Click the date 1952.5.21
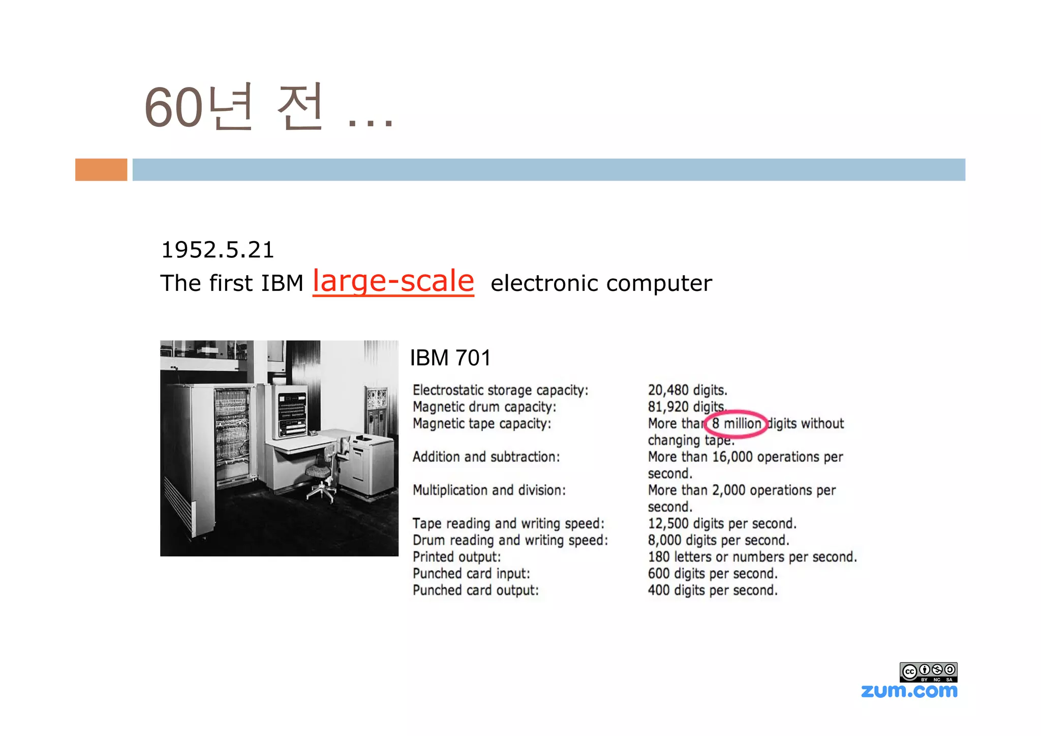217,250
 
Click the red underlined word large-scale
393,281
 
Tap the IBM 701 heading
450,358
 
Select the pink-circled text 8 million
737,423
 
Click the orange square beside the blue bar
101,169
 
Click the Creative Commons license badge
928,672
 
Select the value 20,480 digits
687,390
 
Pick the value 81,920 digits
686,407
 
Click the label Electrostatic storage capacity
500,390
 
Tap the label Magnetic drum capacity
484,407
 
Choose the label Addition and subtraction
486,457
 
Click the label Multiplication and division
489,490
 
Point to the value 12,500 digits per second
722,523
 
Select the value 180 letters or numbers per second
752,557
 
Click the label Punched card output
475,590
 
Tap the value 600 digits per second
713,574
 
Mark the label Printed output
456,557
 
